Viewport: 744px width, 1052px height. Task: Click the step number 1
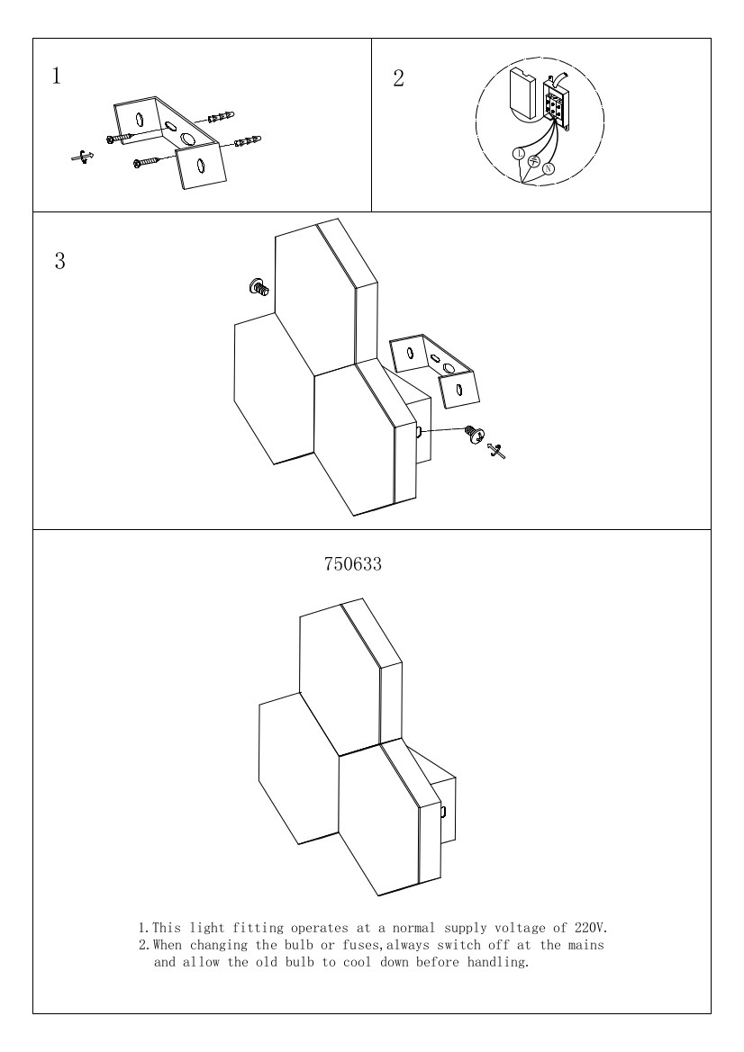coord(57,76)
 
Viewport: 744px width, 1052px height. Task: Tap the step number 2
coord(398,78)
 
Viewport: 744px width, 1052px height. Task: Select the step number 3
coord(59,261)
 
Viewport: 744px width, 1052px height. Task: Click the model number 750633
coord(353,564)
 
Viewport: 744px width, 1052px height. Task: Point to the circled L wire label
coord(519,154)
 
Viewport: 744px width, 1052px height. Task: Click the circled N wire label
coord(548,168)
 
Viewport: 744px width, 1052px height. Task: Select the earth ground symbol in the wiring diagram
coord(534,160)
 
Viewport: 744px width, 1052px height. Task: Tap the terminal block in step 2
coord(556,103)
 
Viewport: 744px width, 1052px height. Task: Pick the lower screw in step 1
coord(147,162)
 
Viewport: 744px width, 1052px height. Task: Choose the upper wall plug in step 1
coord(222,117)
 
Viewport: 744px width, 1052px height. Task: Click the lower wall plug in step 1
coord(248,141)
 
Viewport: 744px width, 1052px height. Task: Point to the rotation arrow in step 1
coord(82,157)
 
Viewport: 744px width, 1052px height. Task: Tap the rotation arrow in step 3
coord(496,451)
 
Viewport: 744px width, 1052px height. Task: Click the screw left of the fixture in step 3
coord(259,286)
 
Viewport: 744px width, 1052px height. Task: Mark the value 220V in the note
coord(591,929)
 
